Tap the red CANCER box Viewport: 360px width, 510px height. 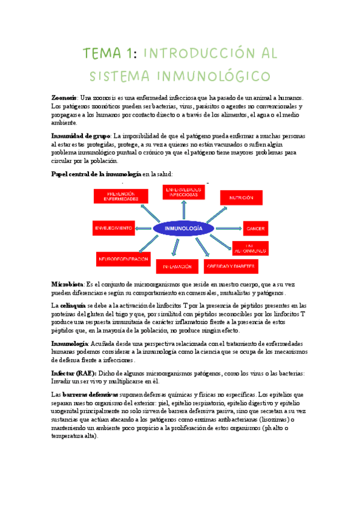pos(259,229)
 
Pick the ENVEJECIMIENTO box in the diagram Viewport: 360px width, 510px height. pos(112,229)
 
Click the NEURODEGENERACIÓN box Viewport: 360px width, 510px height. pos(123,259)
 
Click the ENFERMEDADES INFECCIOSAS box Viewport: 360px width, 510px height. pos(183,192)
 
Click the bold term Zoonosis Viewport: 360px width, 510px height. pos(64,97)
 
